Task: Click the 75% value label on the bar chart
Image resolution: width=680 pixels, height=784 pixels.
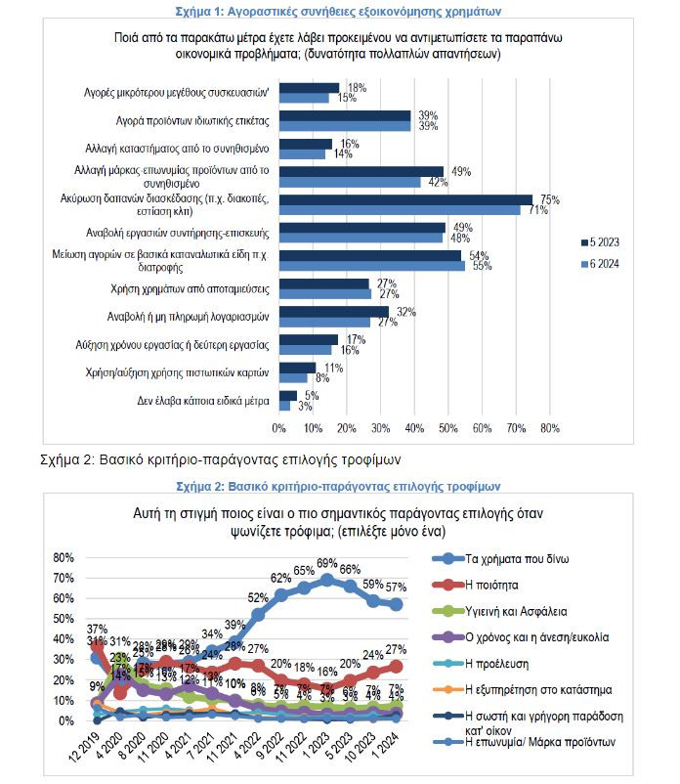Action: click(x=549, y=199)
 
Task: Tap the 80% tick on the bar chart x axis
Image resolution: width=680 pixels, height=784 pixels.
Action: click(x=549, y=428)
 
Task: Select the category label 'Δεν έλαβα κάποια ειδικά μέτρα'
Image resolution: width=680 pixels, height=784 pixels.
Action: click(x=200, y=401)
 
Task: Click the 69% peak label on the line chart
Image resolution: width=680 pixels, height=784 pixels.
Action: click(x=327, y=563)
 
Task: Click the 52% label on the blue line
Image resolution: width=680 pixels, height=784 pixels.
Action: click(x=258, y=597)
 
